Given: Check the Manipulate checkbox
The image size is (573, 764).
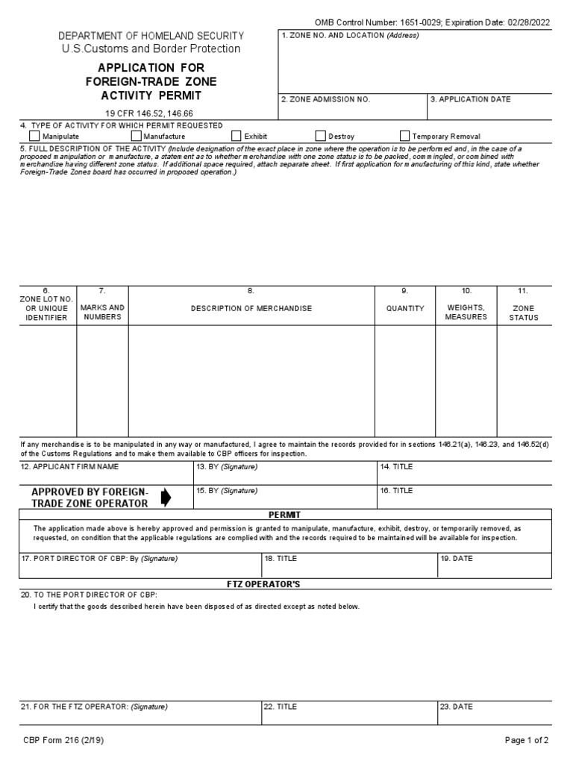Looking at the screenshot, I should [x=35, y=137].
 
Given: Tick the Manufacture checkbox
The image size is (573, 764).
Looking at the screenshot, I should [x=137, y=137].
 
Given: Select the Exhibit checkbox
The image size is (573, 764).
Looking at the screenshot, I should [x=237, y=137].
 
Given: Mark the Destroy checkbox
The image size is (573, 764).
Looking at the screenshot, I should [x=321, y=137].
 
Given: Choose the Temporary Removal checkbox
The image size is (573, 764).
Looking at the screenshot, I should [x=405, y=137].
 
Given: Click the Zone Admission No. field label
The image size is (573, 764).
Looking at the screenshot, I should [x=325, y=99].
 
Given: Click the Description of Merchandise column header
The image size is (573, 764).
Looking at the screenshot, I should [x=251, y=308].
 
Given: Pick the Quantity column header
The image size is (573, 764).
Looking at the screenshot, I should [x=404, y=308].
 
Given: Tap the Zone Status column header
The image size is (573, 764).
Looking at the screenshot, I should [x=522, y=313].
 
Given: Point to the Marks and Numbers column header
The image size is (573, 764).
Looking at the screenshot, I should [x=102, y=313].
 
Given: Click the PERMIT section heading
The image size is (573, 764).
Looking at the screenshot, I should [x=285, y=515].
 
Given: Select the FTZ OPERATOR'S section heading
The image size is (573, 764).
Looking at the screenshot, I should [x=285, y=583].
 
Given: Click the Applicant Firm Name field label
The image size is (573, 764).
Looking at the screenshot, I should [x=69, y=467].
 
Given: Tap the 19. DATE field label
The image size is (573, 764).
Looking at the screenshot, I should [x=457, y=558].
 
